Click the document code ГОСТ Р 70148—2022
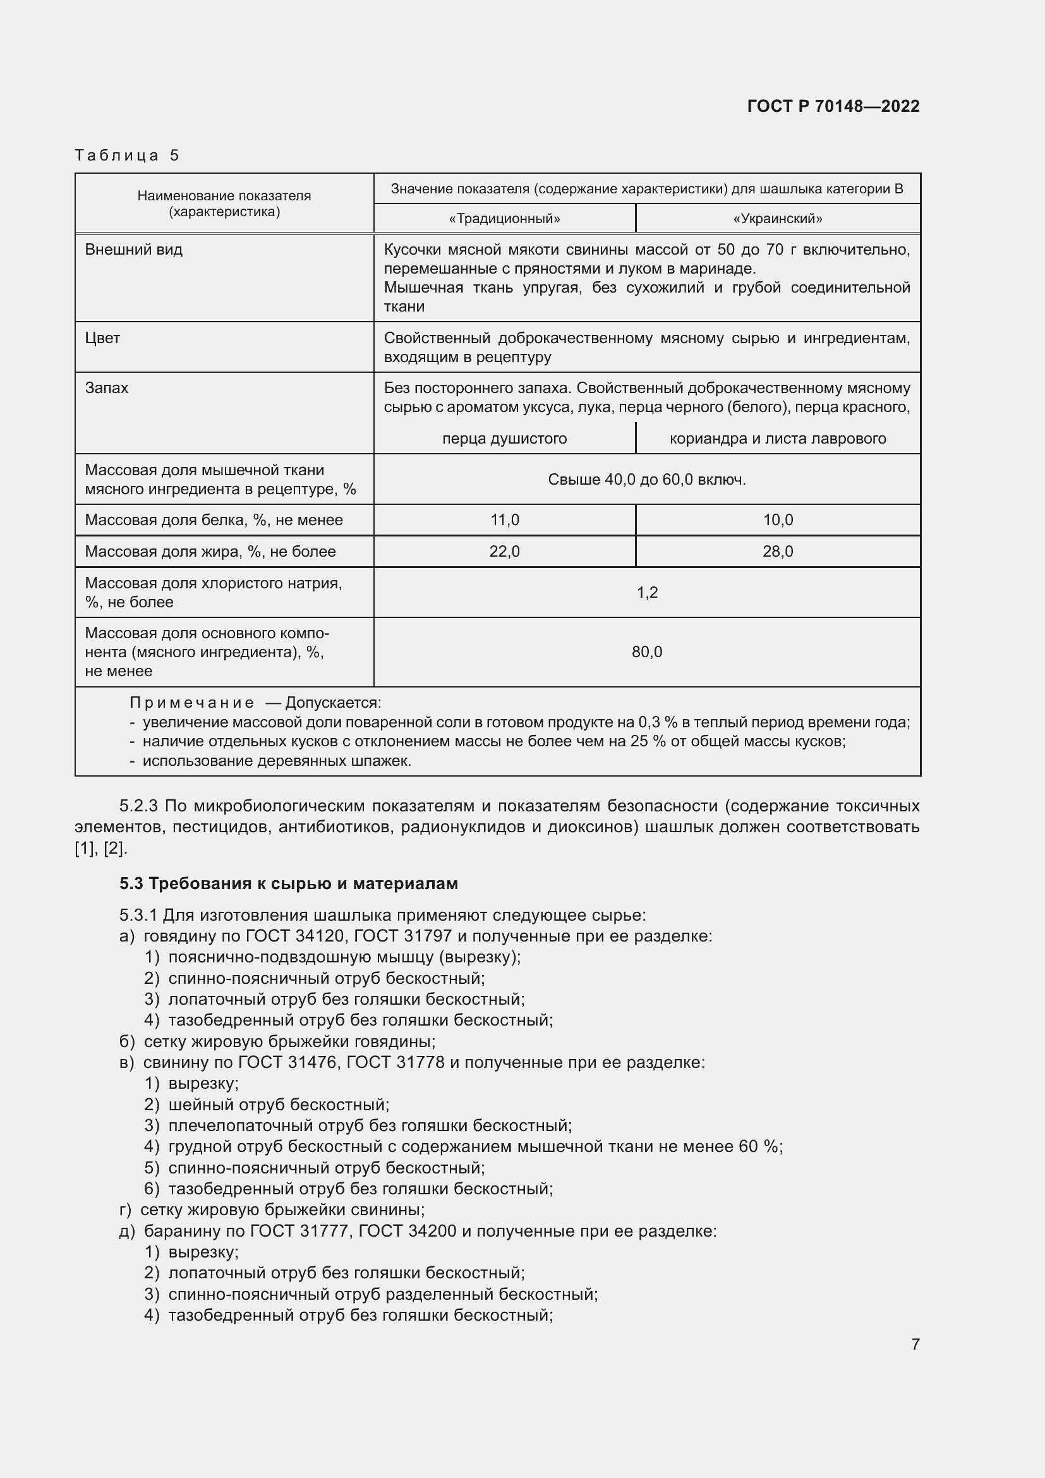pos(833,106)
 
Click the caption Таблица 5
pos(127,155)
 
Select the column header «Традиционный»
pos(504,219)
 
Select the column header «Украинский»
pos(777,219)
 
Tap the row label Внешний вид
pos(134,250)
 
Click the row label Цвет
pos(102,338)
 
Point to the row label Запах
pos(107,388)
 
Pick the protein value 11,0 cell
pos(504,520)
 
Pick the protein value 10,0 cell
pos(777,520)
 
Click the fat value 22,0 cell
pos(504,552)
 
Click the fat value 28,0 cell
pos(777,552)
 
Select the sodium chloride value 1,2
pos(647,593)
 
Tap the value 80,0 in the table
pos(647,652)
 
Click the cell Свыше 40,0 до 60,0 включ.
pos(647,480)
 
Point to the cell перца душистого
pos(504,439)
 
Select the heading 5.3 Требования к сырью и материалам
pos(288,884)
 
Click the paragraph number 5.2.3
pos(139,806)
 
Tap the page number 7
pos(915,1344)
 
